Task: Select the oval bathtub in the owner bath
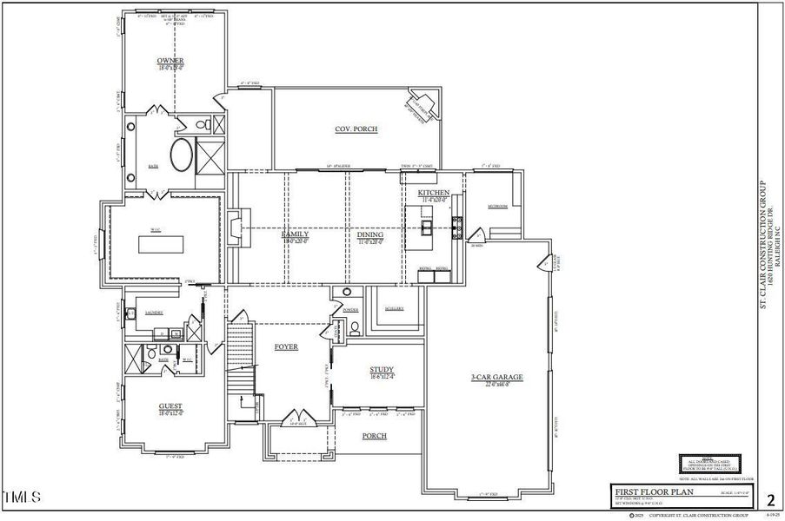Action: click(x=183, y=156)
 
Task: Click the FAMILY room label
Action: click(x=296, y=234)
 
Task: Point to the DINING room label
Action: click(x=370, y=234)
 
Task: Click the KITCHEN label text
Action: click(x=433, y=193)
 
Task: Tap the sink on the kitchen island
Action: click(x=427, y=228)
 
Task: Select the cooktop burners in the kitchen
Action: click(x=456, y=228)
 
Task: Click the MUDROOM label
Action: click(x=497, y=206)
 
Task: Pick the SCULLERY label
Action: click(x=394, y=308)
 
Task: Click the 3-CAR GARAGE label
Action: click(x=496, y=377)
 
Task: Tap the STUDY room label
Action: click(x=381, y=370)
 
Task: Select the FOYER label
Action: click(x=286, y=346)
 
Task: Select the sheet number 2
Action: click(x=769, y=499)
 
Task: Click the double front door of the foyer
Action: click(x=297, y=419)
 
